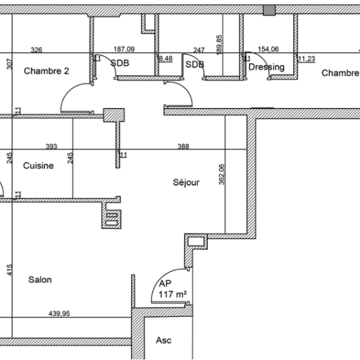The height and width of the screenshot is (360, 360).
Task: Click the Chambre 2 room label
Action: (46, 71)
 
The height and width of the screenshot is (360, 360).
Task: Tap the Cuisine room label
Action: (39, 166)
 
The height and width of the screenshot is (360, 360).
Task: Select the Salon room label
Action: (40, 280)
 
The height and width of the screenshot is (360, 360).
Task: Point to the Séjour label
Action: (186, 183)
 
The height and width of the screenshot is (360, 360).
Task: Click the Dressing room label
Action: (267, 67)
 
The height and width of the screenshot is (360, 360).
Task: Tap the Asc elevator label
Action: (164, 340)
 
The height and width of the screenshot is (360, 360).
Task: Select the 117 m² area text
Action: (173, 294)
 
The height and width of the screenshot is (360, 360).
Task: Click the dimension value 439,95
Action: (59, 314)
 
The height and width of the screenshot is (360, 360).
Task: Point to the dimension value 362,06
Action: (222, 174)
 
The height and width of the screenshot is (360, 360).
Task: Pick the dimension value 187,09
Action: (124, 49)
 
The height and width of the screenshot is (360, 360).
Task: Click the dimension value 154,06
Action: (268, 49)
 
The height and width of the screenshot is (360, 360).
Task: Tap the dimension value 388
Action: (183, 147)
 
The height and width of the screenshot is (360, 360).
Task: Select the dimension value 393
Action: (51, 147)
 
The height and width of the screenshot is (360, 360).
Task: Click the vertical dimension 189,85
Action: (219, 45)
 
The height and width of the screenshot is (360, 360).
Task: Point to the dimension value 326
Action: (37, 50)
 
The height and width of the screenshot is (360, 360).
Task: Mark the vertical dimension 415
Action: (9, 270)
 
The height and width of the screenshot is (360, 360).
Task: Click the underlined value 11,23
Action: (307, 59)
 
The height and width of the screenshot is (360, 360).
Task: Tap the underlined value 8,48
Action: (166, 59)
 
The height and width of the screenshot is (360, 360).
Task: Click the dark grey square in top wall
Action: (269, 10)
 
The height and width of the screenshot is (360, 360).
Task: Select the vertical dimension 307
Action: (9, 64)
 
